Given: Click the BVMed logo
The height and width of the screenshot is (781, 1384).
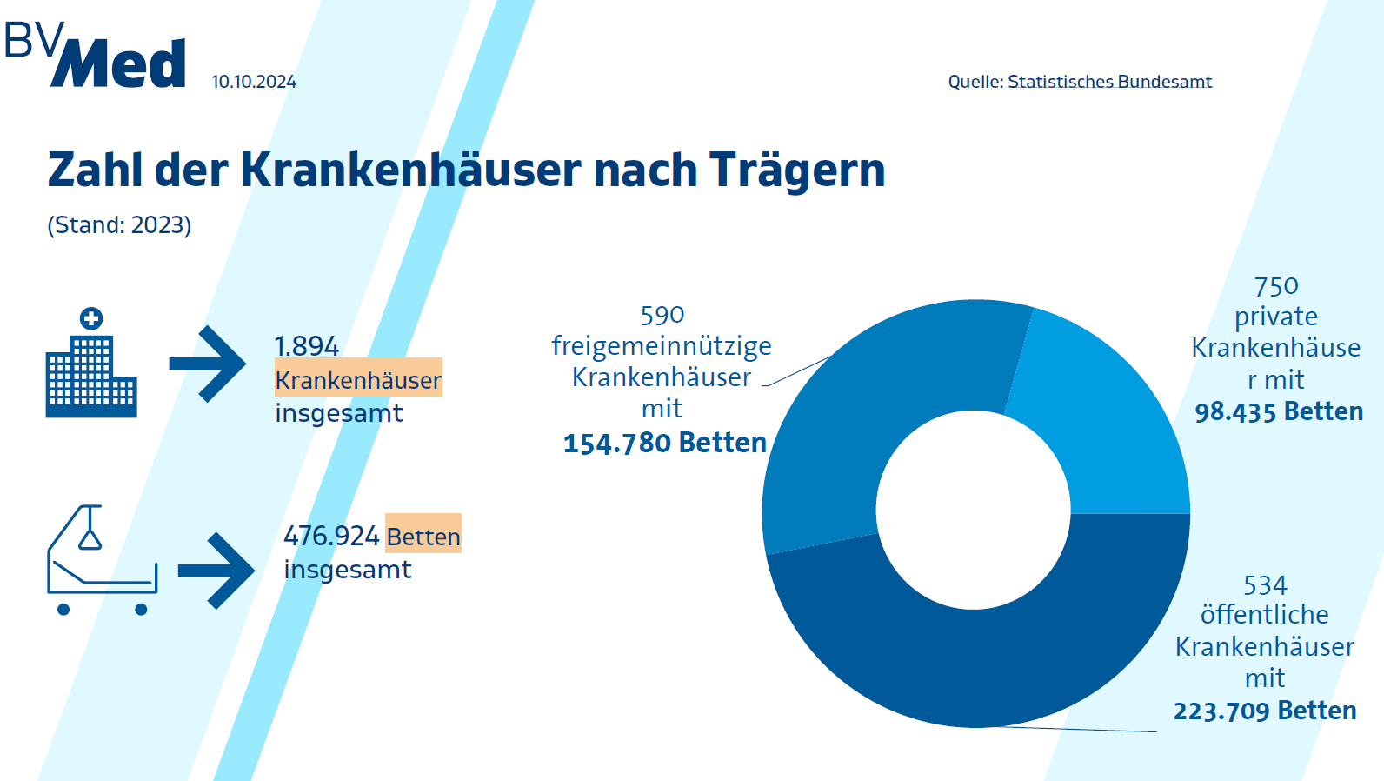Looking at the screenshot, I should [x=96, y=56].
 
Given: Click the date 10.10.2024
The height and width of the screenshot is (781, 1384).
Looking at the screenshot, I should [x=253, y=82].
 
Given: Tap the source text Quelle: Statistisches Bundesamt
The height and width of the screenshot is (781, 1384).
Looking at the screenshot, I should [x=1080, y=82].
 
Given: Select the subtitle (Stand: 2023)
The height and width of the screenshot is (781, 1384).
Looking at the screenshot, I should [x=119, y=225].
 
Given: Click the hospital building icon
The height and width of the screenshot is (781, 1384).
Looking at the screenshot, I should [x=90, y=364].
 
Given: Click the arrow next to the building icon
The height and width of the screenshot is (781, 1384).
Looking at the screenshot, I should [x=208, y=364].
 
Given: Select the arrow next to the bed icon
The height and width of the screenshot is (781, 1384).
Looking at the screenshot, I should [x=216, y=571].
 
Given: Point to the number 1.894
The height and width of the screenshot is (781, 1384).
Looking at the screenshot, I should [x=306, y=346].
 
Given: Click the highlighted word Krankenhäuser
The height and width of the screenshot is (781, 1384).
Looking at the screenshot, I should [x=358, y=380].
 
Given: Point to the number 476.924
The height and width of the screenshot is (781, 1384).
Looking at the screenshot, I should [x=331, y=536].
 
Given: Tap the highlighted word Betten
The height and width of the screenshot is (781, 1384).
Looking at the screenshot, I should [x=423, y=536].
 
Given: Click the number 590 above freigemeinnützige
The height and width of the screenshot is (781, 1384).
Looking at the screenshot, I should [x=662, y=315].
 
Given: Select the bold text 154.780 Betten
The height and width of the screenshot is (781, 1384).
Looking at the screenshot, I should [x=665, y=443].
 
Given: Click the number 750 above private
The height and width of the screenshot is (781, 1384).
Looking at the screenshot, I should [x=1276, y=286].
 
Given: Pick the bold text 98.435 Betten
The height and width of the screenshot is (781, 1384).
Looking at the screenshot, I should [x=1279, y=411].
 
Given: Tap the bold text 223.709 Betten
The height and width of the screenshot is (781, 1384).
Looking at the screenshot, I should [x=1265, y=711].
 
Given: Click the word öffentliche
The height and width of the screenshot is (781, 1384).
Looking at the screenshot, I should [x=1265, y=615].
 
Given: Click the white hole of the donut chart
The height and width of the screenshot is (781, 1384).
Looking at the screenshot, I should [x=974, y=511].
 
